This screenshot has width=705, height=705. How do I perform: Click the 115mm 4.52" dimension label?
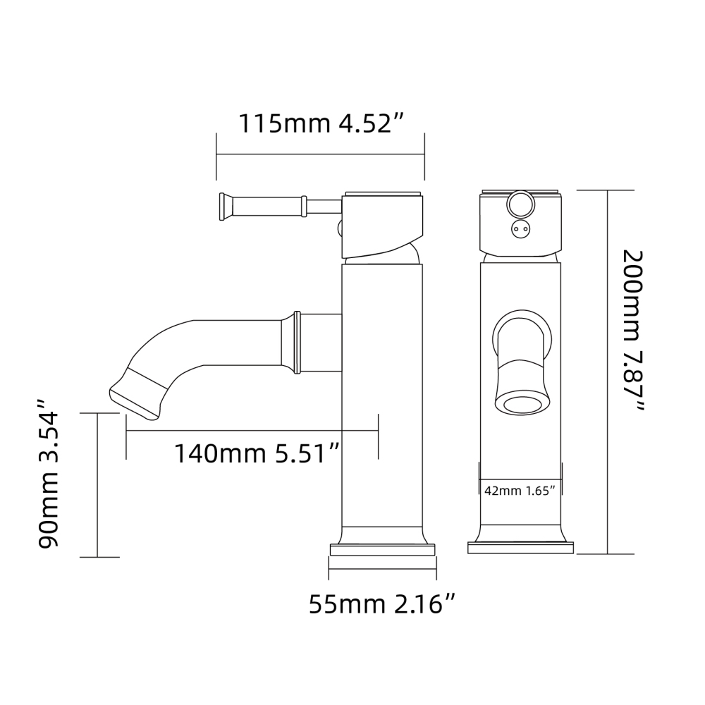pos(320,123)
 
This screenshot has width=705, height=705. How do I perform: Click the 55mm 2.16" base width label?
pos(381,604)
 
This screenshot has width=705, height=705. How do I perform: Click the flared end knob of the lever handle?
pos(223,207)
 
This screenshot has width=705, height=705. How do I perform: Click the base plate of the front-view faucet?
pos(521,548)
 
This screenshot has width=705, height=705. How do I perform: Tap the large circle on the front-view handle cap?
pos(522,205)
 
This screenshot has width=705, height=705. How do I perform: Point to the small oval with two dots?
pos(522,228)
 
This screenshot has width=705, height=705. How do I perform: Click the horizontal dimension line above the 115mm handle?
pos(320,154)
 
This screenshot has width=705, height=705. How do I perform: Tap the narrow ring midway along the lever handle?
pos(303,207)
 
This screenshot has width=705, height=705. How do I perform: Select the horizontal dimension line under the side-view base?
pos(381,568)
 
